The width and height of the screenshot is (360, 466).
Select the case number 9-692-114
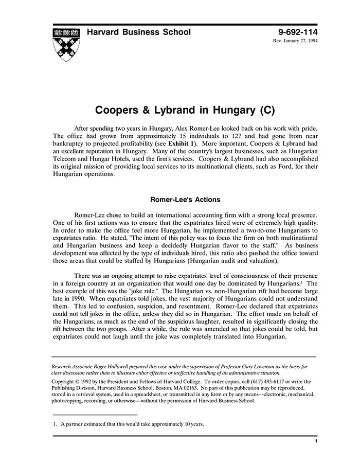292,32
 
